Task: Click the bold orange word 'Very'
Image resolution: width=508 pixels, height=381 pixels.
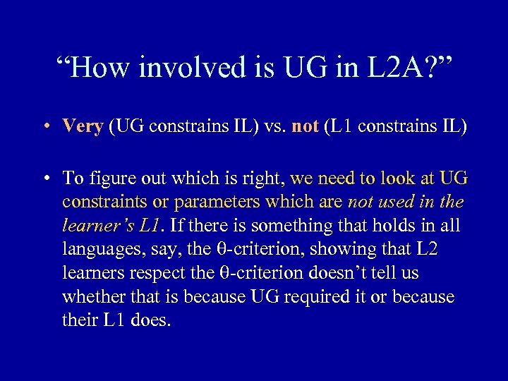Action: tap(83, 126)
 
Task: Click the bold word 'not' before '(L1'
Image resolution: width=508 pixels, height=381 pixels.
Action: tap(305, 126)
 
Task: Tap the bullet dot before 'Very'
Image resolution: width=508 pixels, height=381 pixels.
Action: tap(45, 127)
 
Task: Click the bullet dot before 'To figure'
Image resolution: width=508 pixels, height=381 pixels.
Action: tap(45, 177)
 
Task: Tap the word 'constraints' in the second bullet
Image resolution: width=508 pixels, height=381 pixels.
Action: tap(104, 202)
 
